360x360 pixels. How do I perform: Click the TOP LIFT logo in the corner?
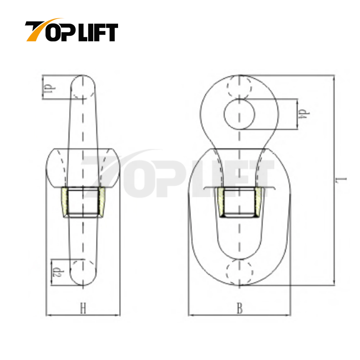coord(71,31)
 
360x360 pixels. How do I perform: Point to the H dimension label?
coord(83,309)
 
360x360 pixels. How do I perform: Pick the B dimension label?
coord(239,309)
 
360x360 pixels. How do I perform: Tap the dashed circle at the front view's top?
coord(239,87)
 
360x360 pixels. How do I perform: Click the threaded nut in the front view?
coord(239,202)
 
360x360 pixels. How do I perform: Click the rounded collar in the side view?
coord(84,168)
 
